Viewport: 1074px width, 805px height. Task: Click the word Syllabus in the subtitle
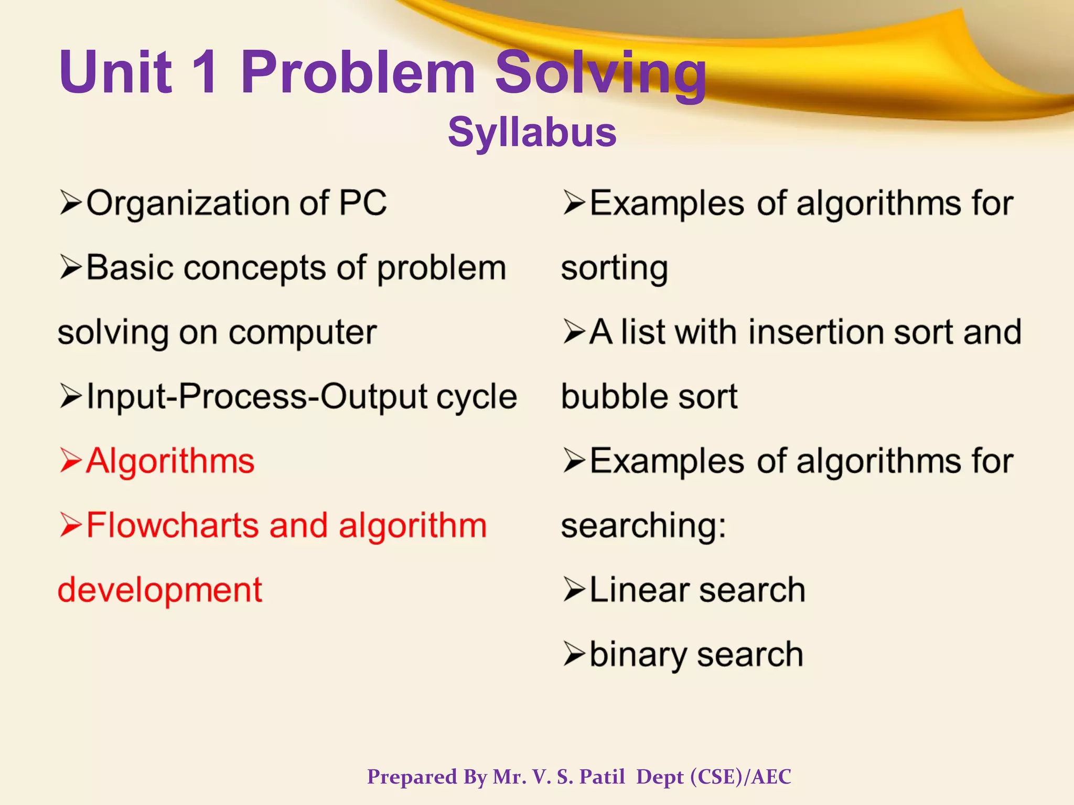point(532,132)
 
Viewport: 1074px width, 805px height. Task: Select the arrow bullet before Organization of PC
point(71,203)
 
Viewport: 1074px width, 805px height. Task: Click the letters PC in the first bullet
point(362,203)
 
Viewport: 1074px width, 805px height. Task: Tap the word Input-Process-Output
point(257,397)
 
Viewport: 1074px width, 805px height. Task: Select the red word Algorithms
point(170,462)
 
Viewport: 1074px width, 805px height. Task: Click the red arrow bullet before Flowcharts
point(71,526)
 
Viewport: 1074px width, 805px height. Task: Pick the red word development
point(159,591)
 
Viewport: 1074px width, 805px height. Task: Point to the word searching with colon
point(643,526)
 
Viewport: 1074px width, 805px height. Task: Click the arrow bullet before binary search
point(574,655)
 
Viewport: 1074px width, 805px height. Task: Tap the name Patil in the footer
point(602,777)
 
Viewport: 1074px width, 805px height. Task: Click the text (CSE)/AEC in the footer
point(740,777)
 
